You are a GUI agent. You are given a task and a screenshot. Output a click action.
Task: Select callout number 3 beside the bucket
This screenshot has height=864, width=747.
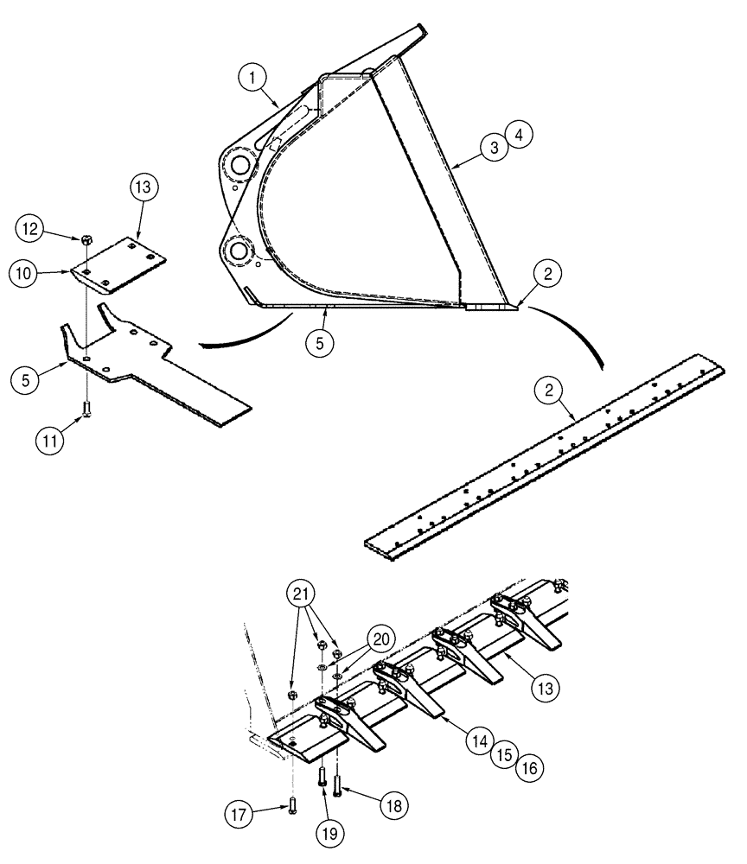pos(495,148)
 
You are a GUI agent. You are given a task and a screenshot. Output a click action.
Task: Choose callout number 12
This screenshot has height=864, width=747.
pos(29,228)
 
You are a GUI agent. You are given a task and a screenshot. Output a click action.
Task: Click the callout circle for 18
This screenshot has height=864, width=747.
pos(393,804)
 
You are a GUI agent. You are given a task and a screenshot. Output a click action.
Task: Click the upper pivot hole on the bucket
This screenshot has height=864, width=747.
pos(239,162)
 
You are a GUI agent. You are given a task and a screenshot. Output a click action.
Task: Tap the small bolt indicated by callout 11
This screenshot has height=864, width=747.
pos(86,408)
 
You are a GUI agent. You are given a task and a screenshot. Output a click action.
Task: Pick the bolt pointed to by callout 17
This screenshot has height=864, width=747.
pos(292,805)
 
